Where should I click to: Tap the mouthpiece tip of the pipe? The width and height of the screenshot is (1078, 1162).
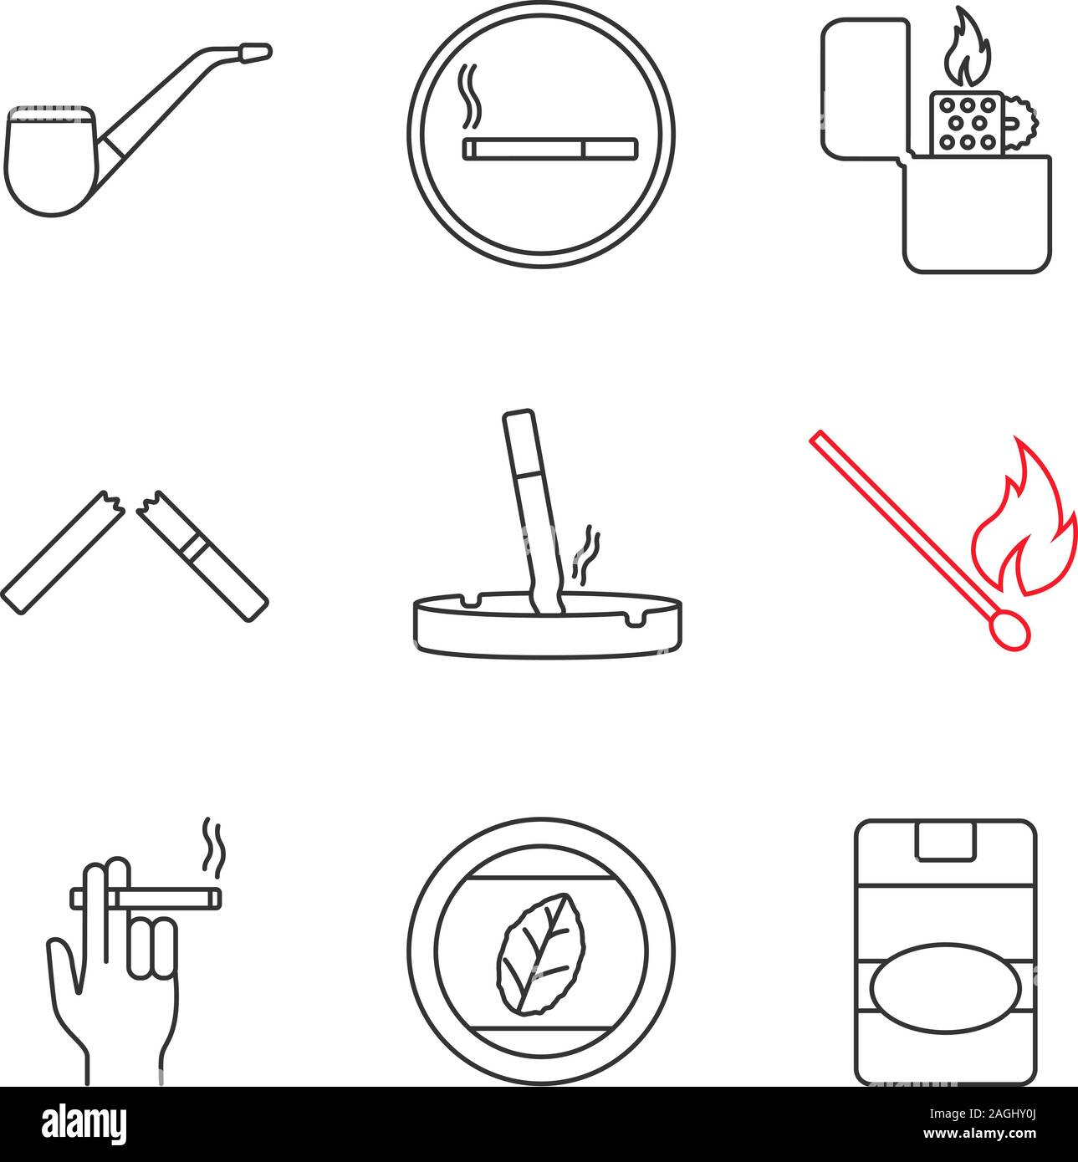pyautogui.click(x=256, y=54)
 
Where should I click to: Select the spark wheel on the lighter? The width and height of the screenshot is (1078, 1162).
pyautogui.click(x=1019, y=123)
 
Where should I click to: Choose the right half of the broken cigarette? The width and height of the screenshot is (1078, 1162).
pyautogui.click(x=202, y=555)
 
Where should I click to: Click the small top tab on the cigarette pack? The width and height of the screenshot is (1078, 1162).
pyautogui.click(x=945, y=840)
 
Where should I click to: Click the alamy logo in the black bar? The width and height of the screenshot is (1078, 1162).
pyautogui.click(x=84, y=1122)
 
